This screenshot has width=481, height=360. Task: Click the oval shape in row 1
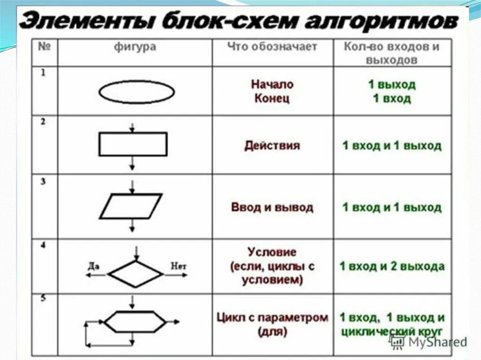(x=137, y=92)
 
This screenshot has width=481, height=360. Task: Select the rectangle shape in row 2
(x=133, y=144)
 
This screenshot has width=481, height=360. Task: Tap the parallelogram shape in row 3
(x=132, y=206)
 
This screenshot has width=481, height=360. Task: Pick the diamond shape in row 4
(x=135, y=273)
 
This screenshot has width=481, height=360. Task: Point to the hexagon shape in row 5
(x=135, y=322)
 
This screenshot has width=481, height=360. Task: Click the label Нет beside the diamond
(x=178, y=266)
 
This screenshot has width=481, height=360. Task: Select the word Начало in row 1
(x=272, y=84)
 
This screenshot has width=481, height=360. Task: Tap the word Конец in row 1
(x=272, y=99)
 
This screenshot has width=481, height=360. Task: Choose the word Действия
(x=272, y=146)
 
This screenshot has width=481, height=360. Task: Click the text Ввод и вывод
(x=272, y=207)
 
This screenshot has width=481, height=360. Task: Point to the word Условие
(x=272, y=252)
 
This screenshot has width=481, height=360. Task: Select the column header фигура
(x=135, y=47)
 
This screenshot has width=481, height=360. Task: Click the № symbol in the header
(x=44, y=46)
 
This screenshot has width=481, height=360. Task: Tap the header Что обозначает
(x=272, y=47)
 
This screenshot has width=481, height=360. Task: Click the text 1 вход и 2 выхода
(x=392, y=266)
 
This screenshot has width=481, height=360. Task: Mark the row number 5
(x=43, y=299)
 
